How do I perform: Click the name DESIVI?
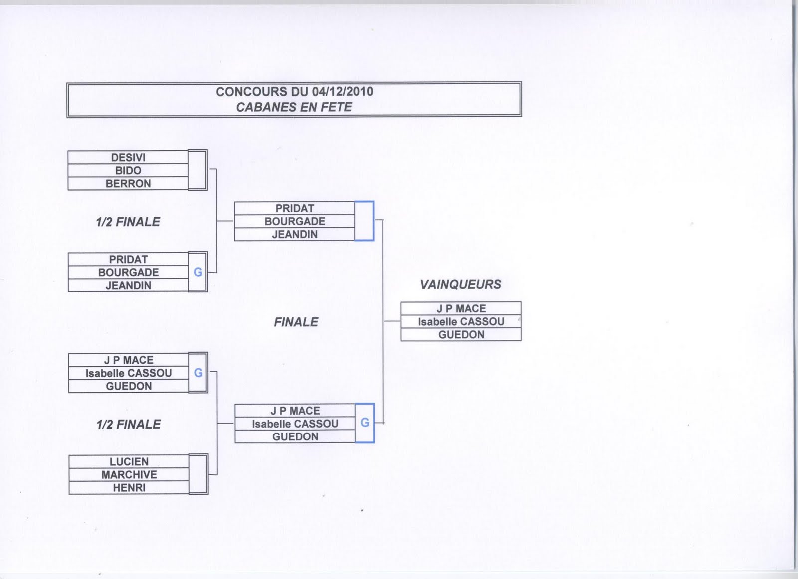tap(128, 157)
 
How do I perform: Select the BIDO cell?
tap(128, 170)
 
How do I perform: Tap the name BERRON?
tap(128, 183)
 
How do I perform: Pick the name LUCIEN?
tap(129, 461)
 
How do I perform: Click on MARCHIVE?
tap(129, 474)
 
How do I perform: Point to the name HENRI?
tap(129, 488)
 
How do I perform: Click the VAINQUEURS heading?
tap(460, 284)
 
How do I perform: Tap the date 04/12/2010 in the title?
tap(343, 92)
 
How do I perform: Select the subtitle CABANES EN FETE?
tap(294, 107)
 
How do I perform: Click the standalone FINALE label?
tap(296, 322)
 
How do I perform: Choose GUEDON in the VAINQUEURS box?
tap(461, 335)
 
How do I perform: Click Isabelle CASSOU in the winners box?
tap(461, 322)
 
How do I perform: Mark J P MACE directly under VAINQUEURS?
tap(461, 308)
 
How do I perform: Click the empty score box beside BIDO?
tap(198, 170)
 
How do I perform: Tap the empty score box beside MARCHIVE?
tap(198, 474)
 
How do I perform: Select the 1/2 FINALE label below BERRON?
tap(128, 222)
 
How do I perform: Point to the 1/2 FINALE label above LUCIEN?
tap(129, 424)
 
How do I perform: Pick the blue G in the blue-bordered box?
tap(365, 423)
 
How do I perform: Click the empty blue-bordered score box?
tap(364, 221)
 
